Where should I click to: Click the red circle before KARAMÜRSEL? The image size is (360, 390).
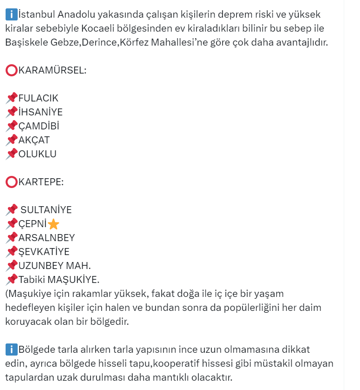tap(12, 70)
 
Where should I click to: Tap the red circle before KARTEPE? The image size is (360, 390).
tap(12, 182)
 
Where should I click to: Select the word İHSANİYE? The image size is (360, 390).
tap(40, 112)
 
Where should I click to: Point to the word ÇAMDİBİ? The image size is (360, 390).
tap(39, 126)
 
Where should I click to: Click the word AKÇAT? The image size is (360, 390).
tap(34, 140)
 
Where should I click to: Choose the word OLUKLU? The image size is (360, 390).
tap(37, 154)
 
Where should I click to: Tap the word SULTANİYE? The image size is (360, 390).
tap(47, 210)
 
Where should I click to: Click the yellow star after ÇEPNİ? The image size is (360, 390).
tap(53, 224)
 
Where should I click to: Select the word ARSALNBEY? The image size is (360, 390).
tap(47, 238)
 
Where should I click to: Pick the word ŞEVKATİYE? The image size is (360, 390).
tap(44, 252)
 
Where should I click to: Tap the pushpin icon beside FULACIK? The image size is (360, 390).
tap(12, 98)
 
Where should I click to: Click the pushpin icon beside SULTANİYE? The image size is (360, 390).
tap(12, 210)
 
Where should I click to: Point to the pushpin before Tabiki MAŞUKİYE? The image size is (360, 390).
tap(12, 280)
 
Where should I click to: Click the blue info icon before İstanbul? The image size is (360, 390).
tap(12, 14)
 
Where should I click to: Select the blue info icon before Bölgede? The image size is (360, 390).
tap(12, 349)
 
